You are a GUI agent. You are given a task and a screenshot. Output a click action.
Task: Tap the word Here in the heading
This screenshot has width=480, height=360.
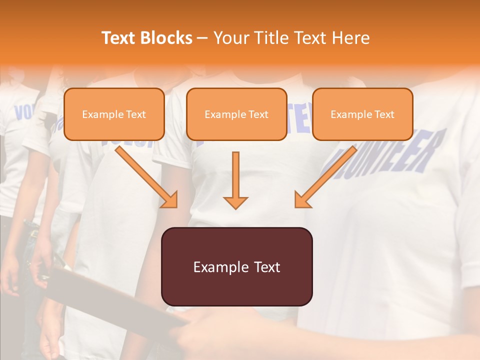point(352,38)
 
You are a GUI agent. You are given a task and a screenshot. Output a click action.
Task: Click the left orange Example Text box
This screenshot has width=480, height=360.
point(114,114)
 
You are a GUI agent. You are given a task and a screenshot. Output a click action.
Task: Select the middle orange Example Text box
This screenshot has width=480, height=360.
point(236,114)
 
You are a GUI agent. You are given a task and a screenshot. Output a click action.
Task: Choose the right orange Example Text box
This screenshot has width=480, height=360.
point(362,114)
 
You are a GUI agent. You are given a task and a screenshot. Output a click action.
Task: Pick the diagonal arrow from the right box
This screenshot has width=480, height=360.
point(325,177)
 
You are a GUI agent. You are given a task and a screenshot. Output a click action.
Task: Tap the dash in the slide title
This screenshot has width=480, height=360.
point(202,38)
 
